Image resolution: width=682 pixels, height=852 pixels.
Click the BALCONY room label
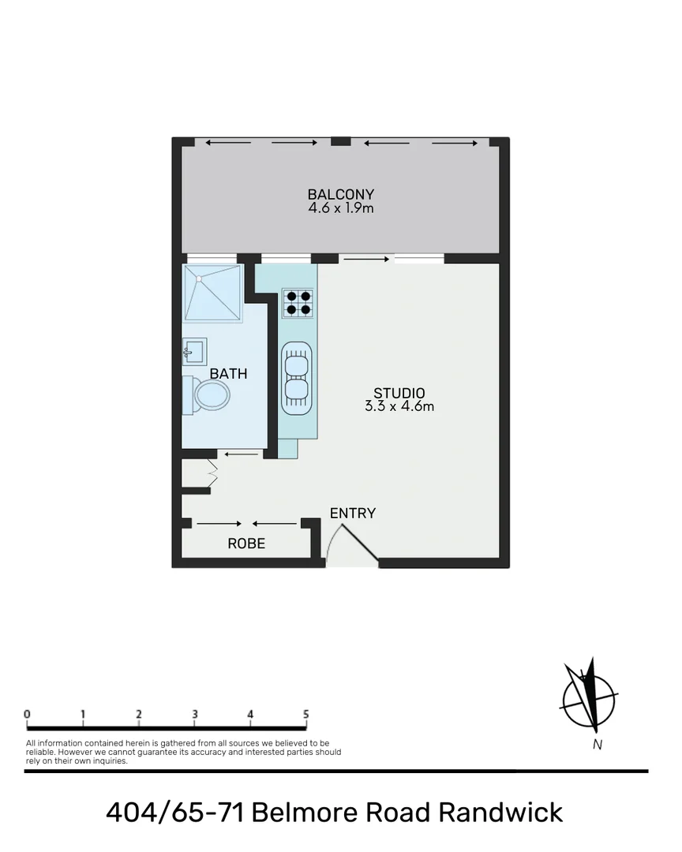[340, 194]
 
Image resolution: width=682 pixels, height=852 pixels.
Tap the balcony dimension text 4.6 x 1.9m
[340, 208]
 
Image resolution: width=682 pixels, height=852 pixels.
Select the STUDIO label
[399, 393]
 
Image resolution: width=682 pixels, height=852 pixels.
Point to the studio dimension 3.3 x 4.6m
[399, 407]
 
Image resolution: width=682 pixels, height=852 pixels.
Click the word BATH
[228, 374]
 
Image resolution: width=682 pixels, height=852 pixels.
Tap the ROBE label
[246, 544]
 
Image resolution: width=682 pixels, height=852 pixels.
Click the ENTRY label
[353, 513]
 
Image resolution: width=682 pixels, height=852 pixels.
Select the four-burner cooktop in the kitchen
[298, 303]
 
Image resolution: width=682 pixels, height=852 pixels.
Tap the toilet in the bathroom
[207, 394]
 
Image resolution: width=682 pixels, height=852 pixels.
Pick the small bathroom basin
[193, 350]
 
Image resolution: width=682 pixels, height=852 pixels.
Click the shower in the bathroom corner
[212, 293]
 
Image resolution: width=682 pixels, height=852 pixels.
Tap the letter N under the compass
[598, 745]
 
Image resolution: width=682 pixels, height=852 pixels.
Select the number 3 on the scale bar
[194, 715]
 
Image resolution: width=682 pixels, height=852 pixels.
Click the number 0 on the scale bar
[28, 715]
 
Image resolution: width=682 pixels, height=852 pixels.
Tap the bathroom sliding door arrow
[242, 454]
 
